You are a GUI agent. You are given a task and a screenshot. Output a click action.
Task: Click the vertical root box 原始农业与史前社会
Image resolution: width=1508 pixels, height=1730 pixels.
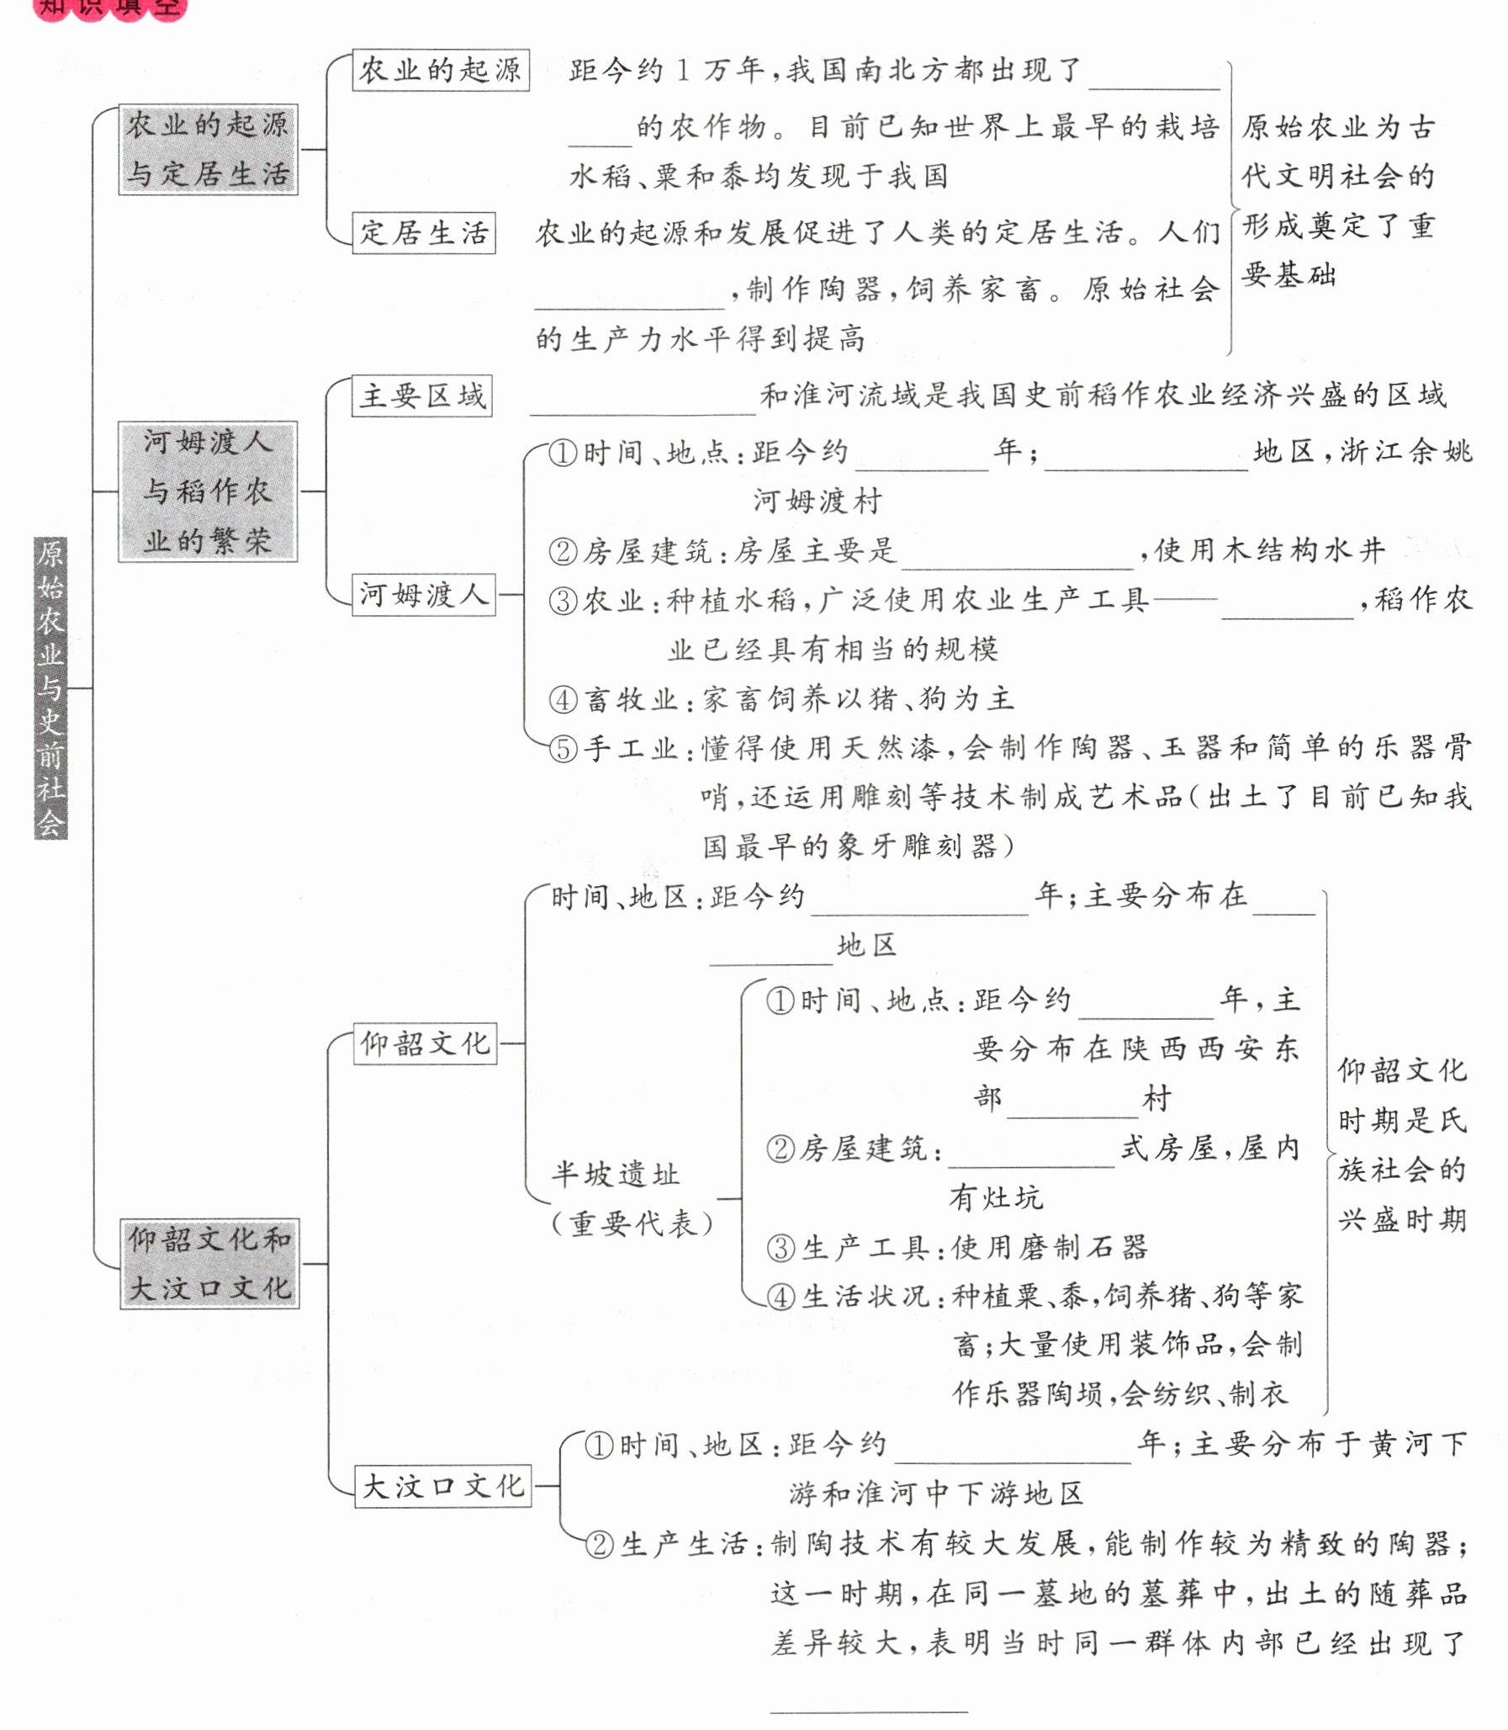50,687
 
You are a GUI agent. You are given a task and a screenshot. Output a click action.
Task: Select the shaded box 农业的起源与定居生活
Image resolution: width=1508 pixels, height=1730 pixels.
208,150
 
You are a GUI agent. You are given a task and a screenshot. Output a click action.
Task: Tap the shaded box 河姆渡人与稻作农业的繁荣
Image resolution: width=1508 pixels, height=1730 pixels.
208,491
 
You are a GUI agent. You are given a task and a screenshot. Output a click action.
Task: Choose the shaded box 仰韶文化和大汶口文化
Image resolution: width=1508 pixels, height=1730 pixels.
209,1263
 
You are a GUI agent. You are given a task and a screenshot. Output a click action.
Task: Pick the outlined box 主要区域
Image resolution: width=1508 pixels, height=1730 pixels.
421,395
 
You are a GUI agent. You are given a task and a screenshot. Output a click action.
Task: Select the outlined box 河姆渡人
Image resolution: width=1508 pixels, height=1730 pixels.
423,595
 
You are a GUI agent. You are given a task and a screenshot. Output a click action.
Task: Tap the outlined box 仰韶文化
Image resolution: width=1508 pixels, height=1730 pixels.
425,1044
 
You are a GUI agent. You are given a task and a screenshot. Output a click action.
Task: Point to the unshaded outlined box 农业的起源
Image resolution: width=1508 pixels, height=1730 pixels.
440,70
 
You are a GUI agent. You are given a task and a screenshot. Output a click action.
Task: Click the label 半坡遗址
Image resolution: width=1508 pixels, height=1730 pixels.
615,1175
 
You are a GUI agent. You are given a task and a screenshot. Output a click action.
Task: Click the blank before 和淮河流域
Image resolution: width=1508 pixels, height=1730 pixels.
642,402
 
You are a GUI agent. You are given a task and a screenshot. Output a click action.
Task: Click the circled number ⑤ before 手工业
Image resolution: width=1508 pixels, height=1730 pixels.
563,748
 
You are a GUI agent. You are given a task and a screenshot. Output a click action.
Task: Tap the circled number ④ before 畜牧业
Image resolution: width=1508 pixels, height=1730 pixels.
563,698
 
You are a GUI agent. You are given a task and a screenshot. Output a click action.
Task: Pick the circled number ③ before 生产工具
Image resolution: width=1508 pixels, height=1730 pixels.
781,1248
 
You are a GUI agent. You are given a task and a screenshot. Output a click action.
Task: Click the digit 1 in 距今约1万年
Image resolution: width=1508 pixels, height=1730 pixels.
683,71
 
